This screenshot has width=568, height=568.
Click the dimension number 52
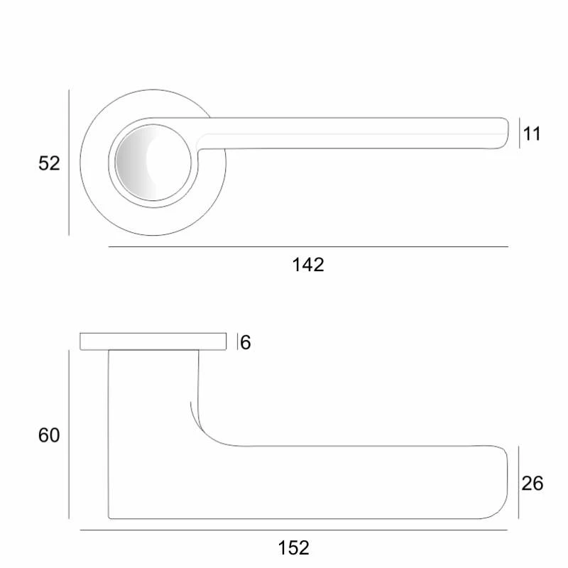click(x=49, y=163)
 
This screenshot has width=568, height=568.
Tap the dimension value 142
click(x=308, y=265)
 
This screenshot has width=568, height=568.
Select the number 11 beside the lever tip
click(x=532, y=134)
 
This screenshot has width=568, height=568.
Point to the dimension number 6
click(x=245, y=342)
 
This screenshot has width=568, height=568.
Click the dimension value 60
click(x=49, y=435)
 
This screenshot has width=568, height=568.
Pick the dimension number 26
click(x=532, y=484)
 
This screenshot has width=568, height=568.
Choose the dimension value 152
click(x=293, y=547)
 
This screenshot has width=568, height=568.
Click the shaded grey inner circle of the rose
click(x=153, y=163)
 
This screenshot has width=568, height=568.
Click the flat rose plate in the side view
click(x=153, y=342)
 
